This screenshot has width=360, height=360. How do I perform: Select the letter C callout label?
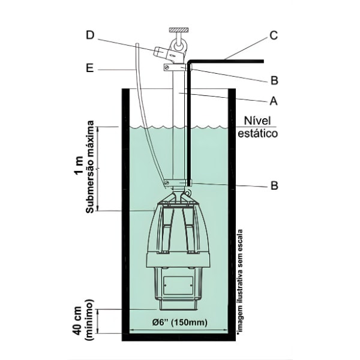click(274, 35)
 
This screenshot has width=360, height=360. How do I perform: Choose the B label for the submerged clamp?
click(274, 186)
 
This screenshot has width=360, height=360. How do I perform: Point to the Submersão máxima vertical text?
click(90, 169)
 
